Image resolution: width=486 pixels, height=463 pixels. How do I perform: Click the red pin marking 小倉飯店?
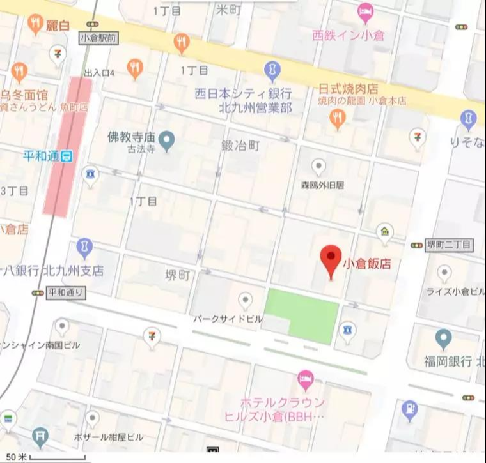pyautogui.click(x=330, y=258)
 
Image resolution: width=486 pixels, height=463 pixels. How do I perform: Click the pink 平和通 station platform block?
pyautogui.click(x=68, y=146)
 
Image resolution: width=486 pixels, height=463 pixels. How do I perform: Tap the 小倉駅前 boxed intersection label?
pyautogui.click(x=98, y=38)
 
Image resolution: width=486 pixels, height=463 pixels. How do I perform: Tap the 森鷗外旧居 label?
pyautogui.click(x=323, y=185)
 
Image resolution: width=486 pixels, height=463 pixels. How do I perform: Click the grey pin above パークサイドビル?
pyautogui.click(x=245, y=300)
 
